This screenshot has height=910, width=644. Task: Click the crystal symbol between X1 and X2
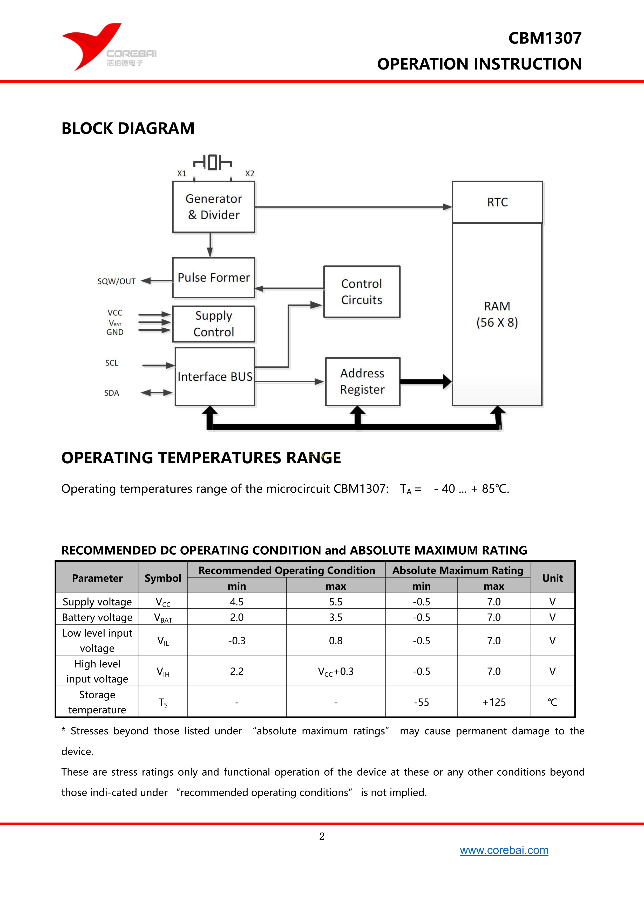coord(213,162)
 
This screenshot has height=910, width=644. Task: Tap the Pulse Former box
coord(213,278)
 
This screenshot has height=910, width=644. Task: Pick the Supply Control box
coord(213,324)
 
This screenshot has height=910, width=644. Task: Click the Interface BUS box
coord(214,376)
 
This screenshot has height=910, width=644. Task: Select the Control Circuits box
coord(362,292)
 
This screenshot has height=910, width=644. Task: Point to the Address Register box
coord(362,381)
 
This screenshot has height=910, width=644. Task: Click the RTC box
coord(497,202)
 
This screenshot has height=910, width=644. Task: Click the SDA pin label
coord(112,393)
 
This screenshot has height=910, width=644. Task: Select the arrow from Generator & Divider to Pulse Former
coord(210,245)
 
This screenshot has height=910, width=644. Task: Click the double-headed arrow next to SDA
coord(157,393)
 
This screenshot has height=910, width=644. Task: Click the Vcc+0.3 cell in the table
coord(335,671)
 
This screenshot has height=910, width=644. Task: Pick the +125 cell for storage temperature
coord(494,702)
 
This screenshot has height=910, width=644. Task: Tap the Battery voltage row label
coord(97,617)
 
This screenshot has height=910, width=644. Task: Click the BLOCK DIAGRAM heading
coord(128,128)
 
